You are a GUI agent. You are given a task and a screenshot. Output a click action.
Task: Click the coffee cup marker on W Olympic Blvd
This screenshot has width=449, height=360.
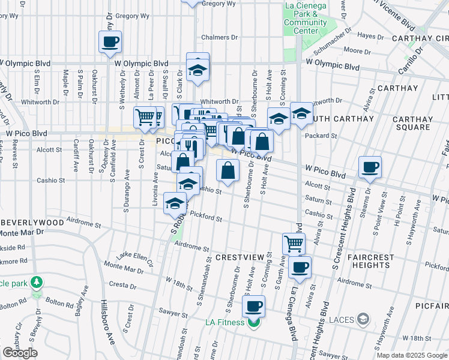point(110,42)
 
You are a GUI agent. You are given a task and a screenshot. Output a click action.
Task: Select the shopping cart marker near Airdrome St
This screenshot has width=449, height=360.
point(294,244)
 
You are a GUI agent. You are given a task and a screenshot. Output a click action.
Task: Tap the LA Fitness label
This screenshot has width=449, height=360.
point(228,323)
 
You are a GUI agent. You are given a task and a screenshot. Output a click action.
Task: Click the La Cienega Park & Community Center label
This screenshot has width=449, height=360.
point(305,19)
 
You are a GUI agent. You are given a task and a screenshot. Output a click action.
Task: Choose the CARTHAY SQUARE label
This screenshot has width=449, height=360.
point(411,123)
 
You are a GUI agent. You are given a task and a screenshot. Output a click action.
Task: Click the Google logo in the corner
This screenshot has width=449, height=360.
point(20,353)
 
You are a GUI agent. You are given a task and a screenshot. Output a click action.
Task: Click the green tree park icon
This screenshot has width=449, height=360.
point(37,281)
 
